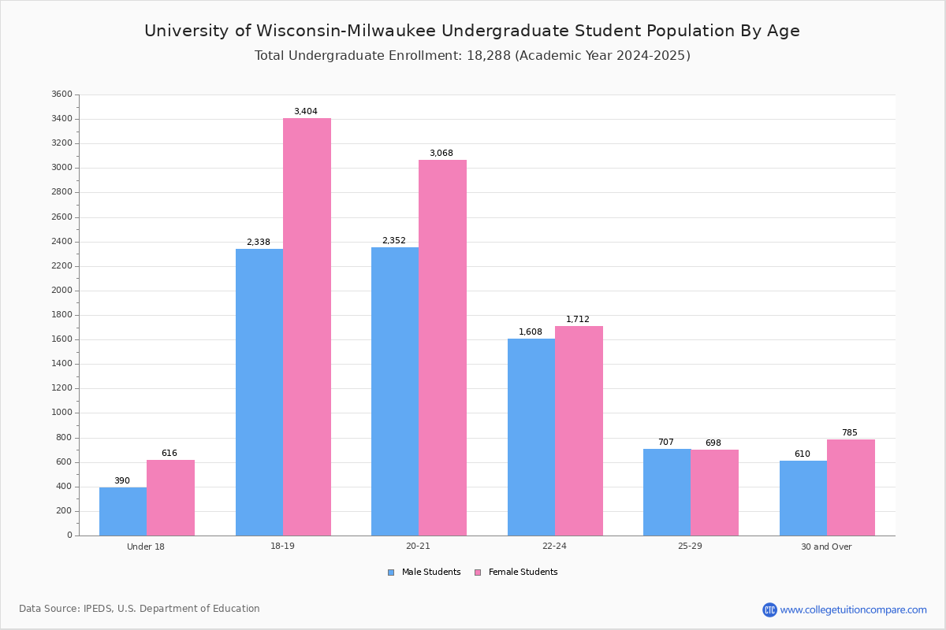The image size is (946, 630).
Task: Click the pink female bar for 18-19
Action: click(x=307, y=327)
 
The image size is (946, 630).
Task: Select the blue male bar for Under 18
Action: click(x=123, y=511)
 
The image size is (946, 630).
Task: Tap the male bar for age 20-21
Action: click(x=395, y=391)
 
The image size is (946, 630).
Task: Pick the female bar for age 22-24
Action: click(x=579, y=431)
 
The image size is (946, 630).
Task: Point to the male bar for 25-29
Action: click(x=667, y=492)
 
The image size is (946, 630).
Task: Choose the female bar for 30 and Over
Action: click(x=851, y=487)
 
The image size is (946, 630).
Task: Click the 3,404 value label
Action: click(x=306, y=112)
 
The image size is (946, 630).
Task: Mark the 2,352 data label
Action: click(x=394, y=241)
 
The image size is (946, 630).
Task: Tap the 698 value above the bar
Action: click(x=713, y=443)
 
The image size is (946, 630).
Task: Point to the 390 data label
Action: click(x=122, y=481)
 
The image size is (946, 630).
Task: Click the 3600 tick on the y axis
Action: click(x=61, y=94)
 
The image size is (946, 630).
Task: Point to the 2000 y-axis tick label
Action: click(x=61, y=291)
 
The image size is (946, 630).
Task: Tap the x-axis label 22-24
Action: click(x=554, y=547)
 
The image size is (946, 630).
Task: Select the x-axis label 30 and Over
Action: click(x=826, y=547)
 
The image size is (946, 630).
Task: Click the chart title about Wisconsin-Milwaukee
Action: click(x=471, y=31)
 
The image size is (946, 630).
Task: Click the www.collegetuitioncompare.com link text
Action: click(x=853, y=610)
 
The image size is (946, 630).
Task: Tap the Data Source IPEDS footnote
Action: click(x=140, y=609)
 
